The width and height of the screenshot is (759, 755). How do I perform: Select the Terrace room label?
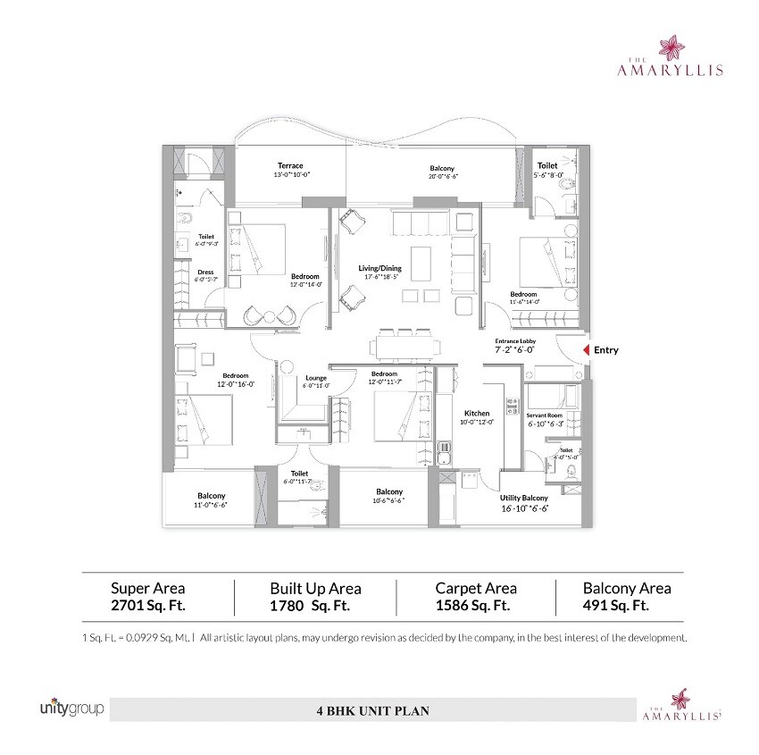pos(289,166)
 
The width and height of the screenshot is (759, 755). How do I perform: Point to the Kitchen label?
pos(476,414)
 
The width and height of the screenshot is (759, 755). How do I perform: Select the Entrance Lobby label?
pos(514,342)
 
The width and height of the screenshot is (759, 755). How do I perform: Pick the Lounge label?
pos(315,378)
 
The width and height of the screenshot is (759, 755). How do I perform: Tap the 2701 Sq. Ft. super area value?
pos(147,605)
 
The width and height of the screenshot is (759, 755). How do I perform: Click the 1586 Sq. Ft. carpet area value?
pos(472,605)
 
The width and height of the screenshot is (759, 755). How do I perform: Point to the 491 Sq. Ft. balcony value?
pos(615,605)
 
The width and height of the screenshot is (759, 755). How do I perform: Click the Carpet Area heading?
pos(475,588)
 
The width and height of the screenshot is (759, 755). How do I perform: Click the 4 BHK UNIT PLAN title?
pos(372,712)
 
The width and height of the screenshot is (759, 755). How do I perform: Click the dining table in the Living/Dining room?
pos(405,344)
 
